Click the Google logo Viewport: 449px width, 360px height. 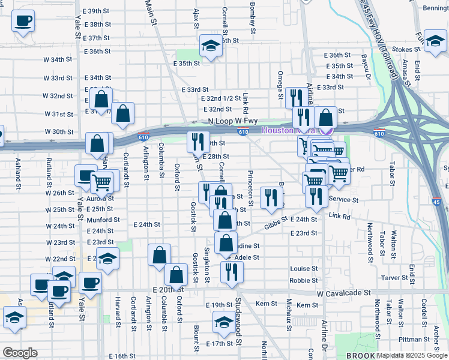pos(19,353)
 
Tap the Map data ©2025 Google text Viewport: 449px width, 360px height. pos(412,356)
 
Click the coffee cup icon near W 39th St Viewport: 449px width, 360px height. pos(23,21)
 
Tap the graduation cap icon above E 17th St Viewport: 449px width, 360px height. pos(224,323)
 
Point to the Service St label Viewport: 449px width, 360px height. pos(343,200)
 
